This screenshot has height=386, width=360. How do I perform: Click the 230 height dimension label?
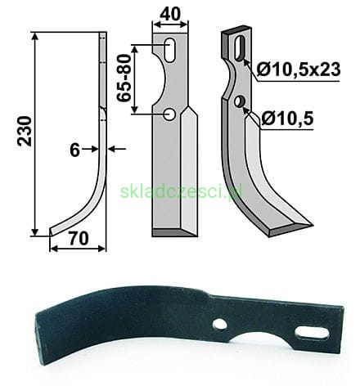[x=25, y=131]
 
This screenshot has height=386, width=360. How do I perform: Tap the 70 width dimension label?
[x=79, y=238]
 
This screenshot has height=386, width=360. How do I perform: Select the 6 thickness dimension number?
[x=74, y=150]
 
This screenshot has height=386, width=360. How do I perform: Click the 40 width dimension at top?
[x=170, y=14]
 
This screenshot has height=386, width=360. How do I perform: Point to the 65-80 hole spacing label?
[x=124, y=79]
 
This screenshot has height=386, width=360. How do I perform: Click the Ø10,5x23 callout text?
[x=299, y=70]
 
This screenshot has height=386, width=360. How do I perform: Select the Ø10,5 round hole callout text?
[x=287, y=119]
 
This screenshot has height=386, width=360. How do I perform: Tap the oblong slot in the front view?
[x=170, y=51]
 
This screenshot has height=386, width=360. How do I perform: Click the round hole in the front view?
[x=169, y=114]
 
